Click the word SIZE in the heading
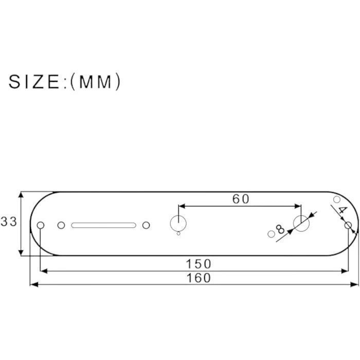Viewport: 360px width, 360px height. [x=34, y=82]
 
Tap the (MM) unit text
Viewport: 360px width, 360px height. [x=96, y=82]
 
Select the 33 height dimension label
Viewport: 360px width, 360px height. [x=9, y=222]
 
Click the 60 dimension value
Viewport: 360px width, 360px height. [x=240, y=199]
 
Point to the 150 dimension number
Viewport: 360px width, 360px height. [x=199, y=264]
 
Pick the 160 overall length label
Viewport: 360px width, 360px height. [x=199, y=278]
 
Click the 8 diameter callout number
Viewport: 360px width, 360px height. [x=280, y=229]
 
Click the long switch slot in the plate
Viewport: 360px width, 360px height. [x=103, y=225]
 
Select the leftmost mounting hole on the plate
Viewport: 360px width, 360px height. [x=41, y=225]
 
